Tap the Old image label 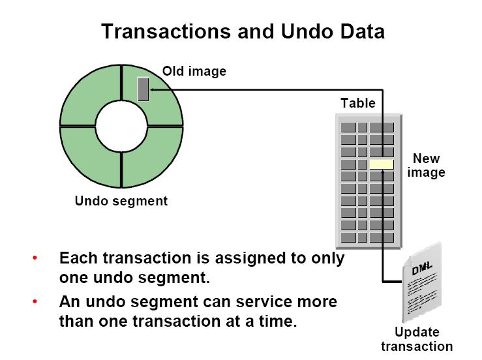tap(194, 71)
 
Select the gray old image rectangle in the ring tap(143, 89)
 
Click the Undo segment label tap(121, 201)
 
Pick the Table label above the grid tap(358, 103)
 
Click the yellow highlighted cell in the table tap(382, 164)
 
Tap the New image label tap(427, 166)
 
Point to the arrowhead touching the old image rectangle tap(153, 89)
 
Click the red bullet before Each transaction tap(35, 258)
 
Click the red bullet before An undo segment tap(35, 303)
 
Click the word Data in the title tap(362, 31)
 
